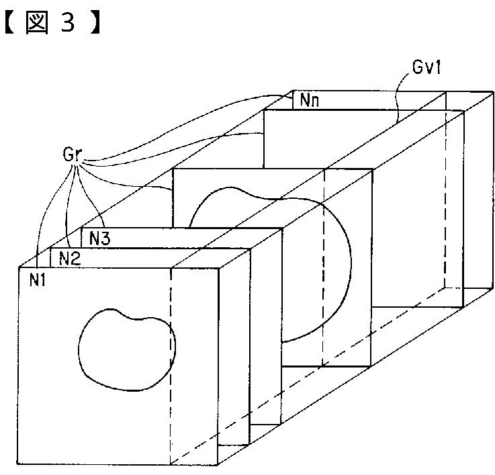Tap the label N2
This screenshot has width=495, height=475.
pos(70,258)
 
